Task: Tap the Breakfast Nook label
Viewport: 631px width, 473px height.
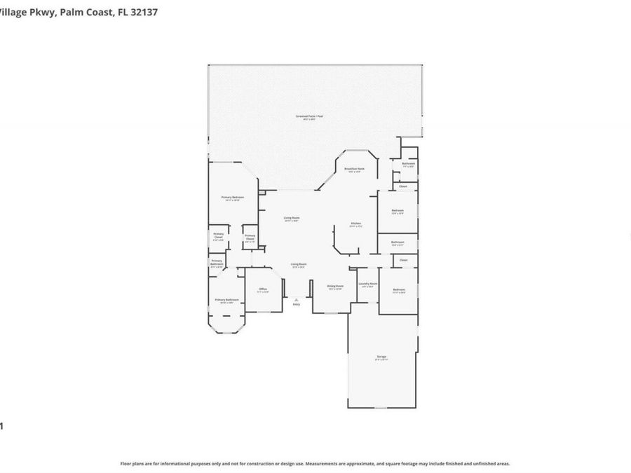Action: point(353,170)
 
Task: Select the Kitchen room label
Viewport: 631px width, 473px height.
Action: point(356,224)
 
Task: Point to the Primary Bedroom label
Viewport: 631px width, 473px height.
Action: point(233,198)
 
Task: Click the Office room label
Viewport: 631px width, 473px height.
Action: point(263,289)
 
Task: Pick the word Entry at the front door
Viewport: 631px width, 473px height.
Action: point(296,304)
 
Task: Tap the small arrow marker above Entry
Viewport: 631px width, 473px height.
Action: point(296,298)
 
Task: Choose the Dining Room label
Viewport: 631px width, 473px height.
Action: point(335,286)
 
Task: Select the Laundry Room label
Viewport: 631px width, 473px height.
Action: point(367,284)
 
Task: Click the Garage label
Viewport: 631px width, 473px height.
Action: point(381,357)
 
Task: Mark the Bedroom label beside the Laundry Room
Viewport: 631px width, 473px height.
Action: point(398,290)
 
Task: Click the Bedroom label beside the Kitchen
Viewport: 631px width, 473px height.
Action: point(397,211)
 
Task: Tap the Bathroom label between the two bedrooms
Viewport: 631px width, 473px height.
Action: point(397,242)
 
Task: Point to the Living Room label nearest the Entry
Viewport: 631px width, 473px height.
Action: point(299,265)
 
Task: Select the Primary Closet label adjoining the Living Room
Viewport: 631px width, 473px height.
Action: point(250,237)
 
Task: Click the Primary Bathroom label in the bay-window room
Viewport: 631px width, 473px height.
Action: point(226,301)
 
